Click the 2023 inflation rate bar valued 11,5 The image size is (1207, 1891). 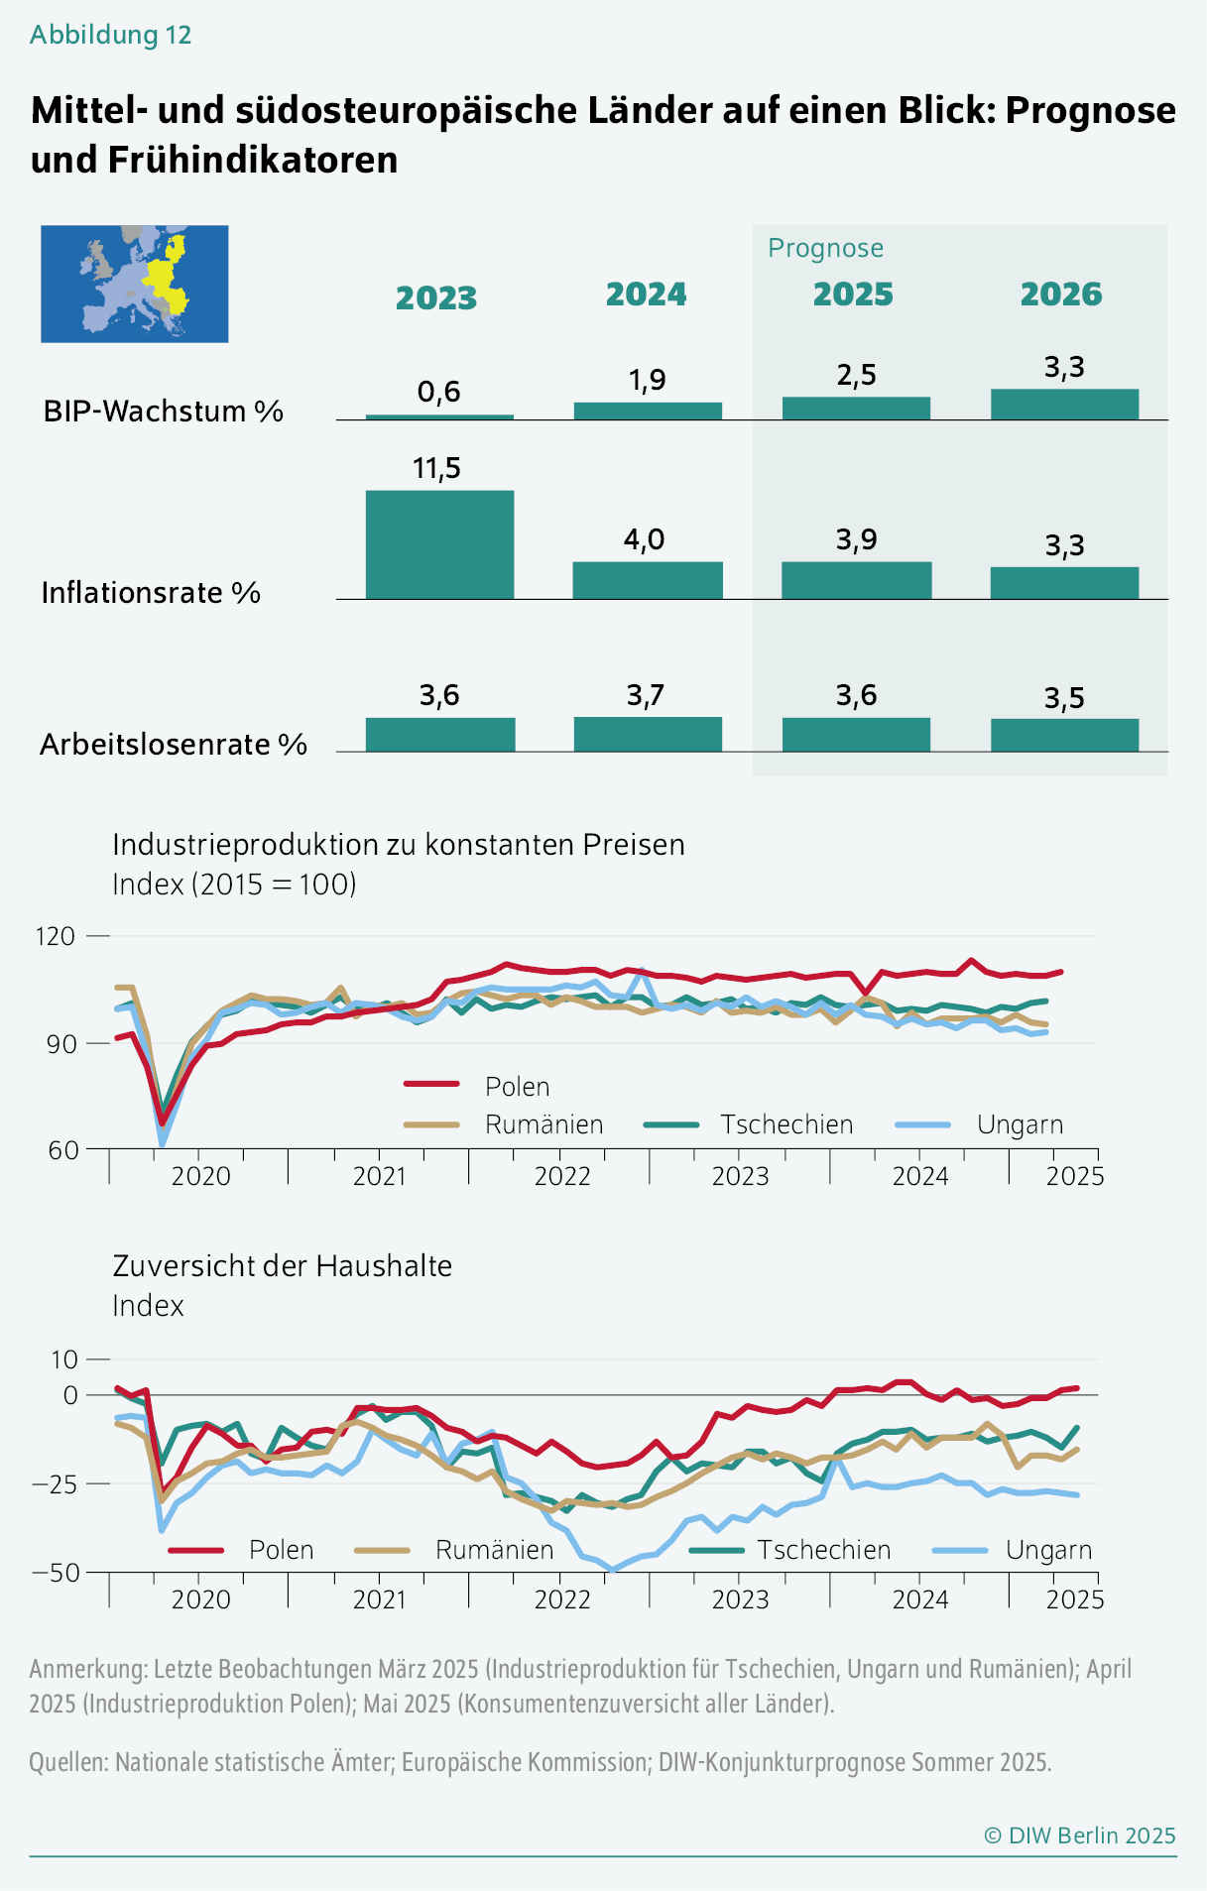click(x=439, y=544)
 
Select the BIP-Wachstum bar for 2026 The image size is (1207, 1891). click(x=1064, y=404)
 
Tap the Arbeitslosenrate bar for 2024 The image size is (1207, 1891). click(x=648, y=734)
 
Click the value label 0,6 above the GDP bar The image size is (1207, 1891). click(x=438, y=393)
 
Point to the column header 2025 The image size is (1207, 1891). click(x=853, y=295)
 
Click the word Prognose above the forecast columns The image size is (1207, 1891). click(x=825, y=248)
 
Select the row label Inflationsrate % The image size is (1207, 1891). click(x=151, y=593)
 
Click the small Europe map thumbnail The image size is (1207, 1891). click(x=135, y=284)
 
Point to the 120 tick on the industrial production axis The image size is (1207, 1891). click(x=56, y=936)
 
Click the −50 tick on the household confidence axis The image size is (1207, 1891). click(x=56, y=1572)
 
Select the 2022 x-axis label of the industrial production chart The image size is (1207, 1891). click(x=562, y=1176)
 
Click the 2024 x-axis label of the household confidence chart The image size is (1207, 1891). click(x=920, y=1599)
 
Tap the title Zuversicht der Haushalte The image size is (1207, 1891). click(x=283, y=1266)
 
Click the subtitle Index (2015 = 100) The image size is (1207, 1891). click(x=234, y=884)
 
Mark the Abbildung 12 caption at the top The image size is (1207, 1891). click(x=110, y=35)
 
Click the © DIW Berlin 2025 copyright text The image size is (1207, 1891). click(x=1079, y=1835)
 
